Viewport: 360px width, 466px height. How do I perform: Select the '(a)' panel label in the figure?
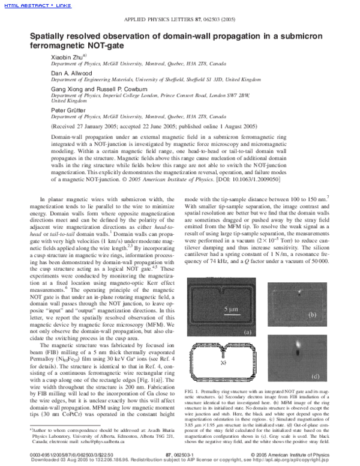coord(247,330)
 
